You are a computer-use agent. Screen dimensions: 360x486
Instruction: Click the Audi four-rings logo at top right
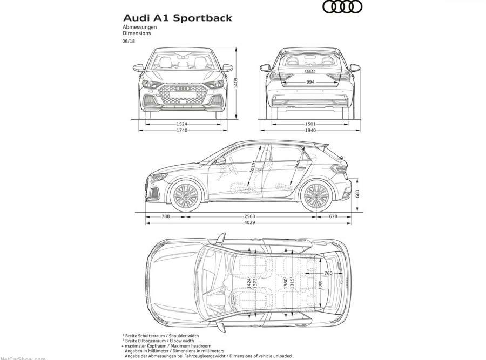(x=342, y=7)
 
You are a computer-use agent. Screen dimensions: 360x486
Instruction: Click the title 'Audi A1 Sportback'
(x=178, y=18)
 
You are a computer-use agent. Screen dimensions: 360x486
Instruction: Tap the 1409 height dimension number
(x=236, y=83)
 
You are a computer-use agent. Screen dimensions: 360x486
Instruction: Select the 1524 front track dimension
(x=182, y=124)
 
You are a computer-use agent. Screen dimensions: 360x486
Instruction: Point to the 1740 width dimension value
(x=182, y=131)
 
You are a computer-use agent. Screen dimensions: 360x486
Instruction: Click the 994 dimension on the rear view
(x=310, y=82)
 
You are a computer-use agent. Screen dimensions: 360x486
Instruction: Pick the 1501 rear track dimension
(x=310, y=124)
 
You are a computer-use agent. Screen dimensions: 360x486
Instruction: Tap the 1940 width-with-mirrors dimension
(x=310, y=131)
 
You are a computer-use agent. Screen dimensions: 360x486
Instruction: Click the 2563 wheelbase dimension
(x=249, y=216)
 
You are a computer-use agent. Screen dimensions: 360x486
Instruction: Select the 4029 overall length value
(x=249, y=222)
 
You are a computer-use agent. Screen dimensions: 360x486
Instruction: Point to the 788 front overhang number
(x=166, y=216)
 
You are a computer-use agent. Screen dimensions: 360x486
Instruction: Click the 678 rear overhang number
(x=333, y=216)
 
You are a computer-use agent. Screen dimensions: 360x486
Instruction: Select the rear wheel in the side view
(x=316, y=196)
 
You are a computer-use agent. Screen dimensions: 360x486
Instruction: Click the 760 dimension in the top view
(x=328, y=273)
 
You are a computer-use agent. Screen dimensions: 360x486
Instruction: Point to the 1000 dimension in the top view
(x=320, y=284)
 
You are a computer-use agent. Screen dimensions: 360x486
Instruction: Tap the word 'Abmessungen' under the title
(x=139, y=27)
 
